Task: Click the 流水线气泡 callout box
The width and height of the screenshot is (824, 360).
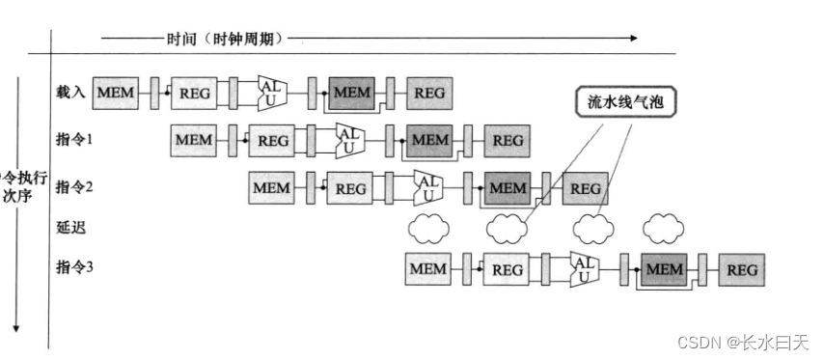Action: [627, 100]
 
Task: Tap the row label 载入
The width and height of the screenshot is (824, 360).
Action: [71, 92]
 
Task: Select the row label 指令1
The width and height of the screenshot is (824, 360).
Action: [74, 139]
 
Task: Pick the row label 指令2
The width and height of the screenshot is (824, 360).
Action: [74, 186]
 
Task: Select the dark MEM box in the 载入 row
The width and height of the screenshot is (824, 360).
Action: [351, 93]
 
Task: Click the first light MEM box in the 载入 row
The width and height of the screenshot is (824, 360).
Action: [116, 93]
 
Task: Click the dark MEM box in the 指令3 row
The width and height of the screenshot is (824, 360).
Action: [664, 270]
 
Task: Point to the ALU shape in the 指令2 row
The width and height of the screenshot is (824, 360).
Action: [428, 186]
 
